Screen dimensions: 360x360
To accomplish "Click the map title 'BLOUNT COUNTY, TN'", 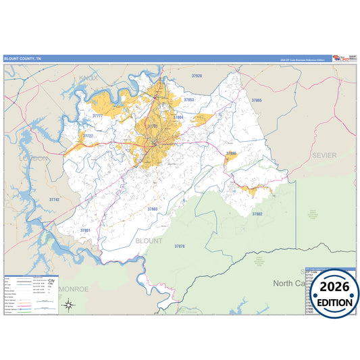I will pos(22,59).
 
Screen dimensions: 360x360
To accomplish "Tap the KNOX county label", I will pos(88,79).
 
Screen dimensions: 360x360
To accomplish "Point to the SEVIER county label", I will pos(324,155).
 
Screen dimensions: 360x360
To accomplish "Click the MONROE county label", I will pos(74,288).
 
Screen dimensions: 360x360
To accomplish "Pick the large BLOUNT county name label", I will pos(149,240).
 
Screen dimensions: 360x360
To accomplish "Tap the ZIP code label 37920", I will pos(197,76).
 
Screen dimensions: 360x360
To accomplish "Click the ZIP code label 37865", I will pos(256,100).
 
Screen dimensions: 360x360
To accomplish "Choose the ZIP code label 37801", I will pos(85,230).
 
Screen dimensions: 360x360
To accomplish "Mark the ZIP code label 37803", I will pos(152,209).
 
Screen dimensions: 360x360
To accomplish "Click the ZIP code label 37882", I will pos(257,213).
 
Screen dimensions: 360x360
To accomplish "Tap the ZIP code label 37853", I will pos(189,100).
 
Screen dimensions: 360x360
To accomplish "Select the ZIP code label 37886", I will pos(231,153).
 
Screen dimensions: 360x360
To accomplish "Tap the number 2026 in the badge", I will pos(333,287).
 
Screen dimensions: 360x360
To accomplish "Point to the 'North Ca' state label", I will pos(291,284).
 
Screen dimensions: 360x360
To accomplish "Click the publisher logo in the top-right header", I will pos(343,59).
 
